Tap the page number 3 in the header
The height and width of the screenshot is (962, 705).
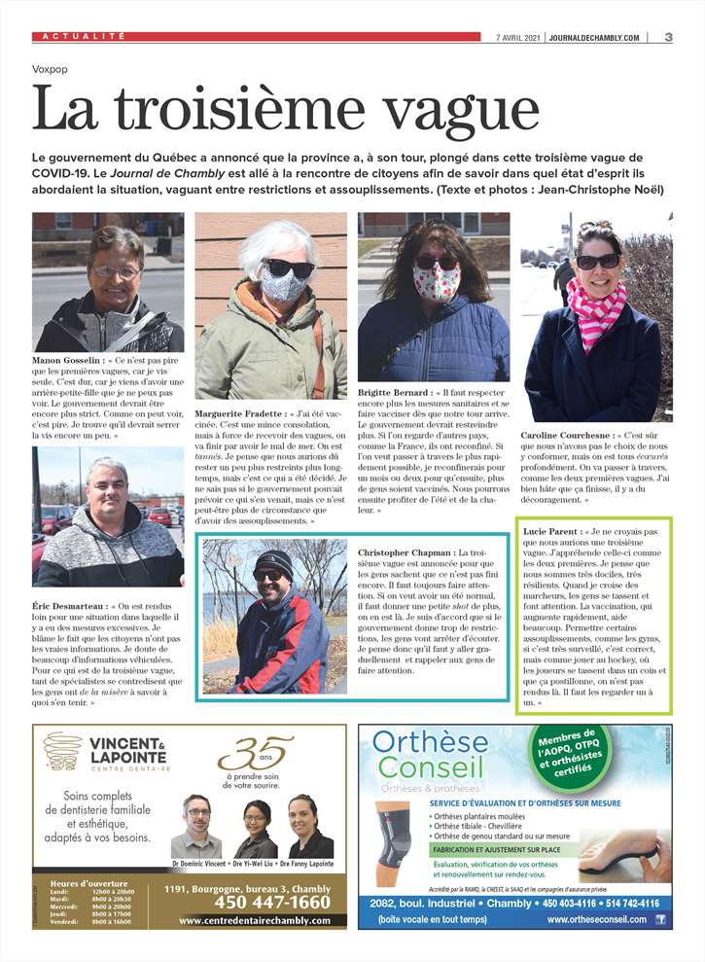pyautogui.click(x=669, y=37)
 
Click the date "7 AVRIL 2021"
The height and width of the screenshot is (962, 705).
pyautogui.click(x=518, y=37)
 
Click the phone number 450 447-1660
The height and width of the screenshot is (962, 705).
pyautogui.click(x=258, y=902)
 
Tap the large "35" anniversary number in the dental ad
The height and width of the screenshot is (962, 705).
pyautogui.click(x=256, y=752)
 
